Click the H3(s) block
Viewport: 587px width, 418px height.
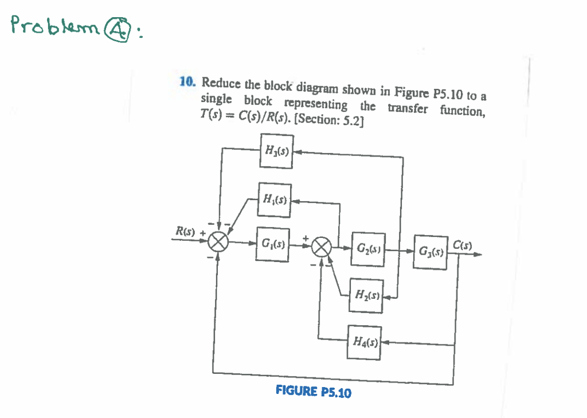pyautogui.click(x=276, y=151)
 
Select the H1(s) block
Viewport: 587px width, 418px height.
pyautogui.click(x=275, y=200)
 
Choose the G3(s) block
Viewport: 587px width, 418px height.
pyautogui.click(x=431, y=251)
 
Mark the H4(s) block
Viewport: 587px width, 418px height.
pyautogui.click(x=363, y=343)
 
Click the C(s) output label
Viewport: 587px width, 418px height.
pyautogui.click(x=463, y=243)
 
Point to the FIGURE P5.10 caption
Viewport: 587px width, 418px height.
pyautogui.click(x=314, y=392)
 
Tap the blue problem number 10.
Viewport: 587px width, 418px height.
pyautogui.click(x=187, y=81)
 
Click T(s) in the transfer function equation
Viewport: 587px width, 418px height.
pyautogui.click(x=209, y=114)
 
